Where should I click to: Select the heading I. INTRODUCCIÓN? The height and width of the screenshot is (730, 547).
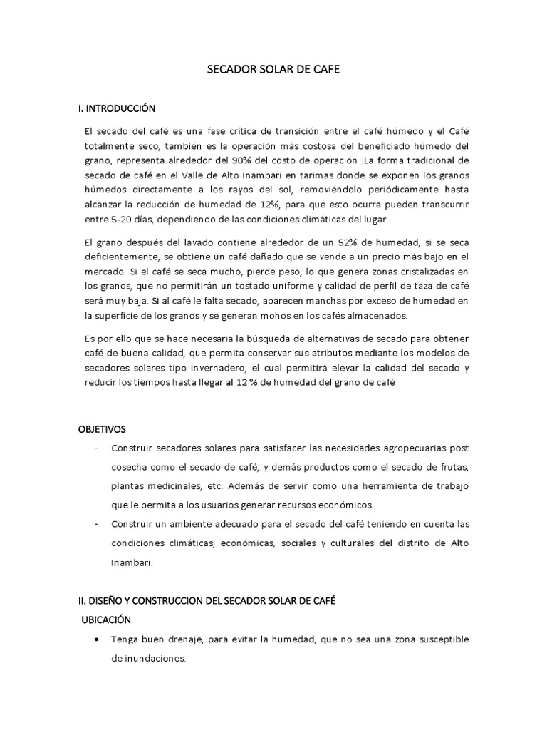click(116, 109)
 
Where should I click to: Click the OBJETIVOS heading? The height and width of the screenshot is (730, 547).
click(102, 430)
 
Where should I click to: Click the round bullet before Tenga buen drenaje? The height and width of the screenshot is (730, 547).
click(96, 639)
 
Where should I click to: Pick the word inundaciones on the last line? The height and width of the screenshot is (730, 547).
click(149, 659)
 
